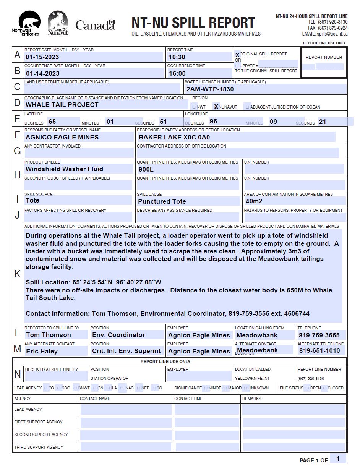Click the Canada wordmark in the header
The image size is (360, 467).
(x=95, y=26)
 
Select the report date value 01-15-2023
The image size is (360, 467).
(x=42, y=57)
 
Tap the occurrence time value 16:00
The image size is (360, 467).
(x=177, y=73)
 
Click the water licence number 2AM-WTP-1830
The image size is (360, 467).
(x=210, y=89)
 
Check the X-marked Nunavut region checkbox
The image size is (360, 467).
(x=216, y=107)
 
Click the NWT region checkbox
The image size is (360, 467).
(x=194, y=107)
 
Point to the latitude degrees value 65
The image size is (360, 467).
(x=52, y=122)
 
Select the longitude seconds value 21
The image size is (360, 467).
(x=323, y=122)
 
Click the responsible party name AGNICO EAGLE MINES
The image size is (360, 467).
(x=62, y=138)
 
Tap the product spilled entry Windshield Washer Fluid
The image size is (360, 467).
(x=64, y=169)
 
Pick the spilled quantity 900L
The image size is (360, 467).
(x=146, y=169)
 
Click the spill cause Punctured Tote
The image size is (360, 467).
(x=162, y=201)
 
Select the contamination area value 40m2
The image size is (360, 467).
(x=254, y=201)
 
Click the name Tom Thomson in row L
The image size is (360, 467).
(x=48, y=335)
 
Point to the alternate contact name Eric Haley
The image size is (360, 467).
(x=42, y=351)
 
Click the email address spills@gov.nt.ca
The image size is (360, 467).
(x=332, y=34)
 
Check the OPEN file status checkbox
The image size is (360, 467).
(x=307, y=388)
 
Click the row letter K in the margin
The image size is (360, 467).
(x=18, y=274)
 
